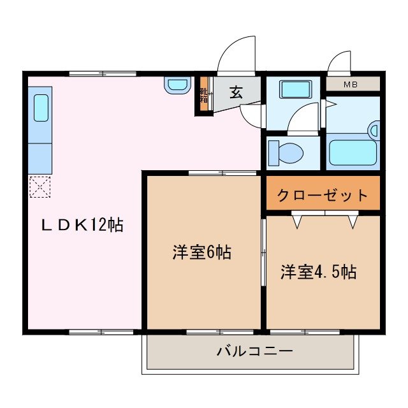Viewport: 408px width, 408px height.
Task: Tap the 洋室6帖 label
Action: click(x=201, y=252)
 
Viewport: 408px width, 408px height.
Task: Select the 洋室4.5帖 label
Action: click(x=318, y=272)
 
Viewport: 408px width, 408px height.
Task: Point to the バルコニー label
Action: click(x=254, y=351)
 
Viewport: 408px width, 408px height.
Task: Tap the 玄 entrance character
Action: click(x=236, y=92)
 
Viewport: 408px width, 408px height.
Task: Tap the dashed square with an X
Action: click(x=40, y=187)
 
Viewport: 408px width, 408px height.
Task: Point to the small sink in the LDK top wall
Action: click(x=177, y=85)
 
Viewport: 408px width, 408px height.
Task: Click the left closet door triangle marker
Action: click(x=297, y=222)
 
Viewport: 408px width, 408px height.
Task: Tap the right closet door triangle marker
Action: click(x=353, y=222)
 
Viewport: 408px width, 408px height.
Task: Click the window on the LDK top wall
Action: click(x=102, y=74)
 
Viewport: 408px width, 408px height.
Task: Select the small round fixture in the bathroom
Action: click(x=374, y=132)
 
